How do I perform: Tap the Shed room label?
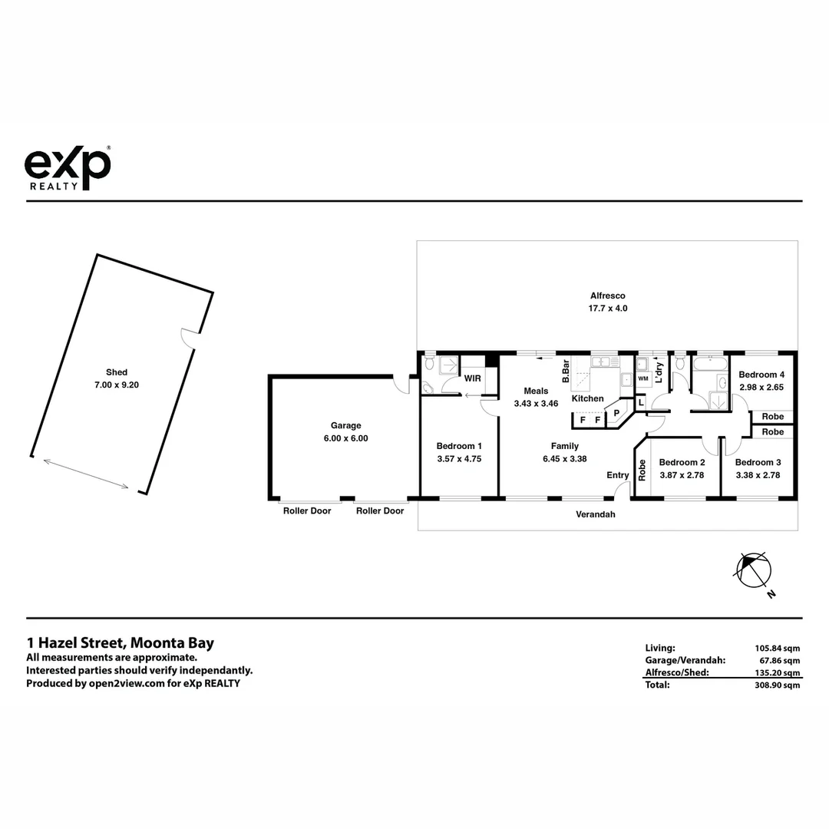coord(117,372)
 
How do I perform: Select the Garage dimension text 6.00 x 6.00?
coord(345,438)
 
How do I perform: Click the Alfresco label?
coord(607,296)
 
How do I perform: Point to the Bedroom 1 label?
coord(459,446)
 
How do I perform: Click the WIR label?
coord(473,378)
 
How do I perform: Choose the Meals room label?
coord(536,391)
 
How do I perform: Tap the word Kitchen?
coord(587,398)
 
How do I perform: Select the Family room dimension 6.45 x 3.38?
coord(564,458)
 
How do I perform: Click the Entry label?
coord(618,475)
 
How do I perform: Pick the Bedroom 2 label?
coord(682,462)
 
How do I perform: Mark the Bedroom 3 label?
coord(758,462)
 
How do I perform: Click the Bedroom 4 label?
coord(761,375)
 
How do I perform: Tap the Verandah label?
coord(596,514)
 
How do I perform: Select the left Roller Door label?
coord(307,510)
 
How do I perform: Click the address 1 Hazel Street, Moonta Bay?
coord(120,643)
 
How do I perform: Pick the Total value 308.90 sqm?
coord(778,685)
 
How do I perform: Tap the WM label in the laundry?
coord(643,378)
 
